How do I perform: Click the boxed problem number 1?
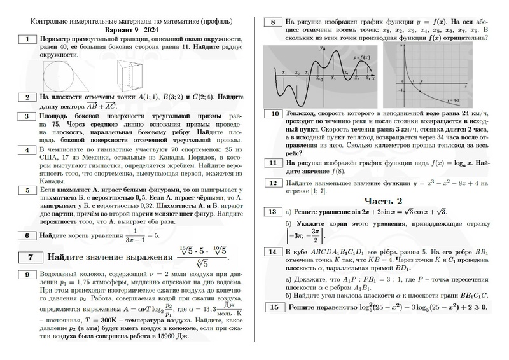pyautogui.click(x=27, y=39)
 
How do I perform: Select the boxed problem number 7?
pyautogui.click(x=30, y=258)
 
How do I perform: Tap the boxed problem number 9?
pyautogui.click(x=27, y=275)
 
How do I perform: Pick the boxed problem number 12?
pyautogui.click(x=273, y=183)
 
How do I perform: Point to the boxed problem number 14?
pyautogui.click(x=273, y=252)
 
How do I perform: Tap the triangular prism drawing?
pyautogui.click(x=132, y=72)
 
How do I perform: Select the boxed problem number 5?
pyautogui.click(x=27, y=190)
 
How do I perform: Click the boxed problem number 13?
pyautogui.click(x=273, y=212)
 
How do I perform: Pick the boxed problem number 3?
pyautogui.click(x=27, y=116)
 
